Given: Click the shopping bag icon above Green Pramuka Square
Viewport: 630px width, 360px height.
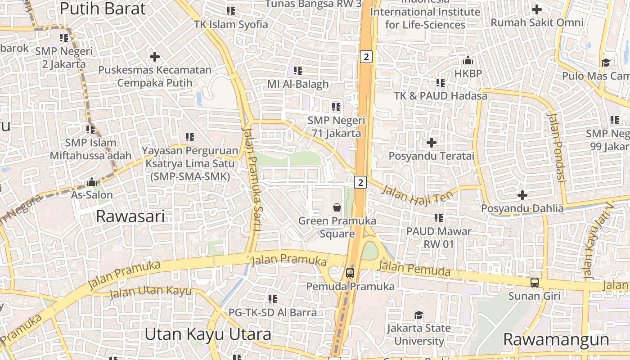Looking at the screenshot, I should (337, 207).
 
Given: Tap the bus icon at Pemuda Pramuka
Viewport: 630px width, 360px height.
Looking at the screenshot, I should (350, 273).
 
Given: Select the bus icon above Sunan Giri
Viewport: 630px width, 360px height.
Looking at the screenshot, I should (534, 283).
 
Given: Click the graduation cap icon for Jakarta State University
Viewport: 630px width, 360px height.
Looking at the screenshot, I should (418, 315).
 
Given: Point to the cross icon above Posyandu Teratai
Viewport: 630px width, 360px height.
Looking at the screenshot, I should (432, 143).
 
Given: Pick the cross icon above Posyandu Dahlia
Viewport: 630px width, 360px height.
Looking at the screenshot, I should (522, 195).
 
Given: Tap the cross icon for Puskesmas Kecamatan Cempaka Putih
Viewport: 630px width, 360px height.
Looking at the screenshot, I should (155, 57).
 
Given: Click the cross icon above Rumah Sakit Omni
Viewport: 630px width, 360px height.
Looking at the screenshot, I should (536, 9).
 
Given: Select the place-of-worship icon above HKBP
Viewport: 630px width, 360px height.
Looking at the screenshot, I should (468, 60).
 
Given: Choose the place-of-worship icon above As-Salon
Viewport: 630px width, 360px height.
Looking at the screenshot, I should (92, 182).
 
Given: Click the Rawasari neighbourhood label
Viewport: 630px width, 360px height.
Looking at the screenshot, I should (130, 216).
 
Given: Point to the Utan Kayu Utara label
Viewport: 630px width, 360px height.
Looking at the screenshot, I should (208, 334).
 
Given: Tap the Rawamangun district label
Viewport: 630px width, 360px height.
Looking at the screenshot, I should (556, 339).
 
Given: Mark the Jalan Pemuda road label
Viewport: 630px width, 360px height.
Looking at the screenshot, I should (414, 269).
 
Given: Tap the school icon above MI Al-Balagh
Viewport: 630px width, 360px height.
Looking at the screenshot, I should (297, 71).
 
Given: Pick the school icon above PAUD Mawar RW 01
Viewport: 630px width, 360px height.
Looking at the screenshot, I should (439, 218).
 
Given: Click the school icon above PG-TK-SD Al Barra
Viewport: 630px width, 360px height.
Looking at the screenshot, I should (272, 299).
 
